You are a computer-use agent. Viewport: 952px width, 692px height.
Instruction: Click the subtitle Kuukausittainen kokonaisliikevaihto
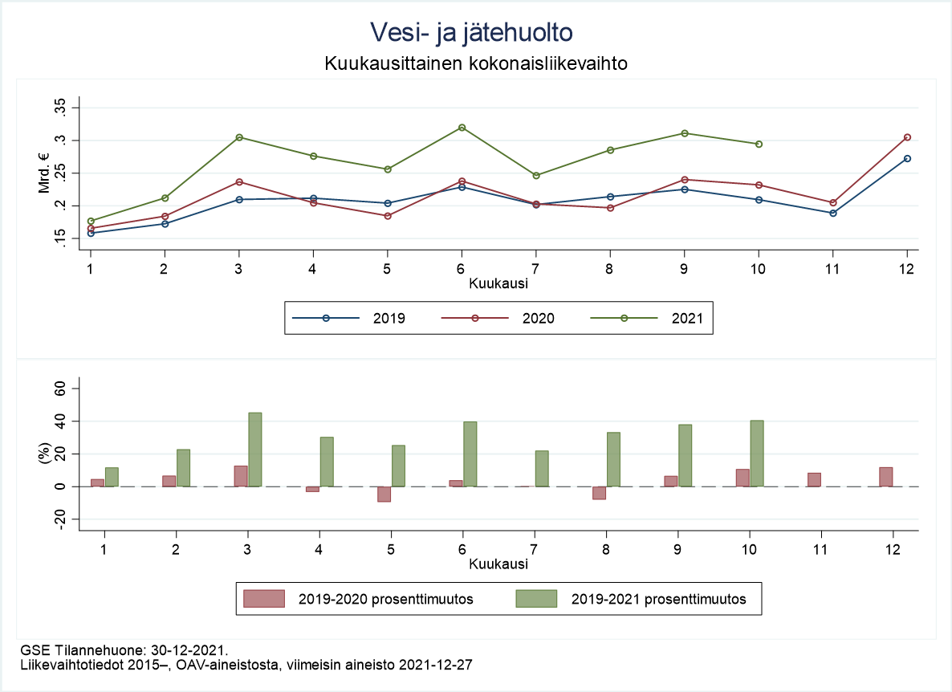(475, 63)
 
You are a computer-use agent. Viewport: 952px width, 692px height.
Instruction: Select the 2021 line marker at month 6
(462, 128)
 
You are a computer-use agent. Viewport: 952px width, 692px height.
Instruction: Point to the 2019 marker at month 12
(907, 158)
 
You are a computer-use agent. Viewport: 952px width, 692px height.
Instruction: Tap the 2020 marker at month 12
(907, 137)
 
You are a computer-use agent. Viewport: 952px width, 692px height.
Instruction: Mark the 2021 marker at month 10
(759, 144)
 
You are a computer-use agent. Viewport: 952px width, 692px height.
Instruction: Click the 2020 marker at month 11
(833, 202)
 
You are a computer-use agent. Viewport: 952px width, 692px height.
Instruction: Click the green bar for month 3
(255, 450)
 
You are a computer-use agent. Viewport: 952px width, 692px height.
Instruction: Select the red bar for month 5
(384, 494)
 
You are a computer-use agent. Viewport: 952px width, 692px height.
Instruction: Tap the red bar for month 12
(885, 477)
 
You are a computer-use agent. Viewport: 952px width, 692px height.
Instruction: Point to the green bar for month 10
(756, 454)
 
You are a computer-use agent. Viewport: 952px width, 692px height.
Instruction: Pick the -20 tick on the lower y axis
(61, 519)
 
